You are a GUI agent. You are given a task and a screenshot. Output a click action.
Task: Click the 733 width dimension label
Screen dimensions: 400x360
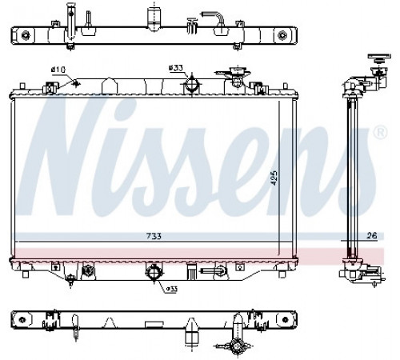(154, 236)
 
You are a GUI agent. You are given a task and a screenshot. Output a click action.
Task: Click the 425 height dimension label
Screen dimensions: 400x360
(274, 178)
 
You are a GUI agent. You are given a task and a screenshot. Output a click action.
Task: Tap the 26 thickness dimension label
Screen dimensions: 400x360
(372, 235)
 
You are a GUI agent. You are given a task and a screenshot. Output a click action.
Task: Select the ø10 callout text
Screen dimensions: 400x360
(58, 70)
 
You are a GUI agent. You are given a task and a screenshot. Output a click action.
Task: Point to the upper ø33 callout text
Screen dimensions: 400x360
(175, 68)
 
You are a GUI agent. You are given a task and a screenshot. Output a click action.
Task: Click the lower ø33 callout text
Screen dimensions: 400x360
(172, 289)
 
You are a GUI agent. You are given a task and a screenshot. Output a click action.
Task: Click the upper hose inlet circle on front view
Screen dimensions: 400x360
(192, 85)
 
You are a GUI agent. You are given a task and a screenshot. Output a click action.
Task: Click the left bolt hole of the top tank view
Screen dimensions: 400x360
(26, 35)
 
